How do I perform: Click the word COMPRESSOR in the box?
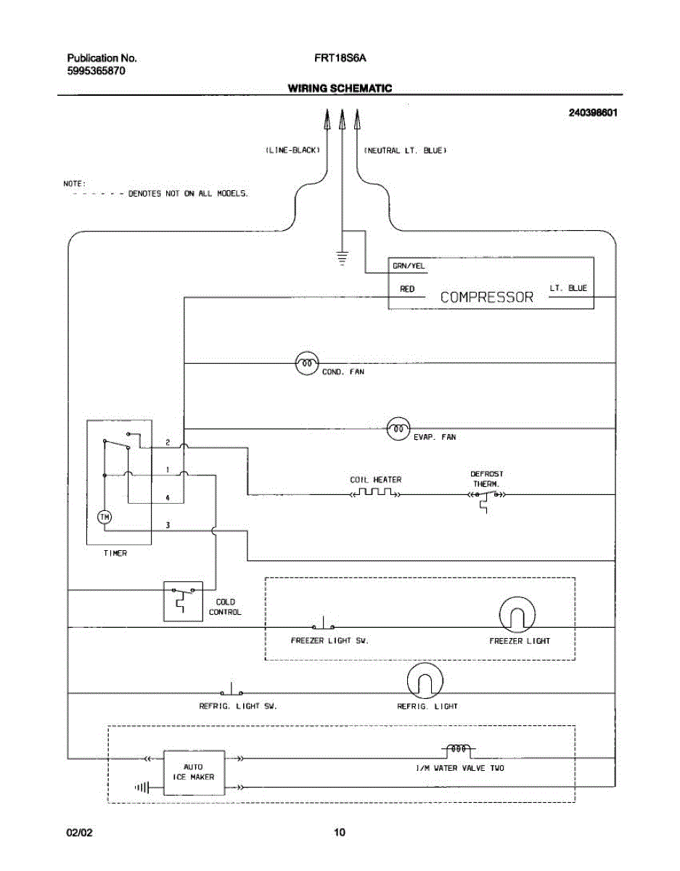coord(486,297)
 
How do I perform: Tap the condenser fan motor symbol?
coord(307,364)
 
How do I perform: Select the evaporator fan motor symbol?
coord(398,429)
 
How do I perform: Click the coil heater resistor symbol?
coord(375,492)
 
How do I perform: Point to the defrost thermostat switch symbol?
coord(486,499)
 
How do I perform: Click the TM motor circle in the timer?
coord(105,517)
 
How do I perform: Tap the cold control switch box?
coord(183,602)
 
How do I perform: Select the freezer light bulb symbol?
coord(517,615)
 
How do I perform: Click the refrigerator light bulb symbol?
coord(425,681)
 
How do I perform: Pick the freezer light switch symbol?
coord(324,623)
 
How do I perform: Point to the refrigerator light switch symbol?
coord(232,689)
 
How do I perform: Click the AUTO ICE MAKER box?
coord(194,773)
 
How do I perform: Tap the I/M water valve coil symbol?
coord(459,749)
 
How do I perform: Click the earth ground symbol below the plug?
coord(342,258)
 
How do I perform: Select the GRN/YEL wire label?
coord(409,266)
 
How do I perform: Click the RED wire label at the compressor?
coord(407,289)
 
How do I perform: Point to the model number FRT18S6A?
coord(340,58)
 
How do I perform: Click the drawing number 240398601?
coord(593,113)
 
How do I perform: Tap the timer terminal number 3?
coord(168,525)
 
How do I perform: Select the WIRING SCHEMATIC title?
coord(340,88)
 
